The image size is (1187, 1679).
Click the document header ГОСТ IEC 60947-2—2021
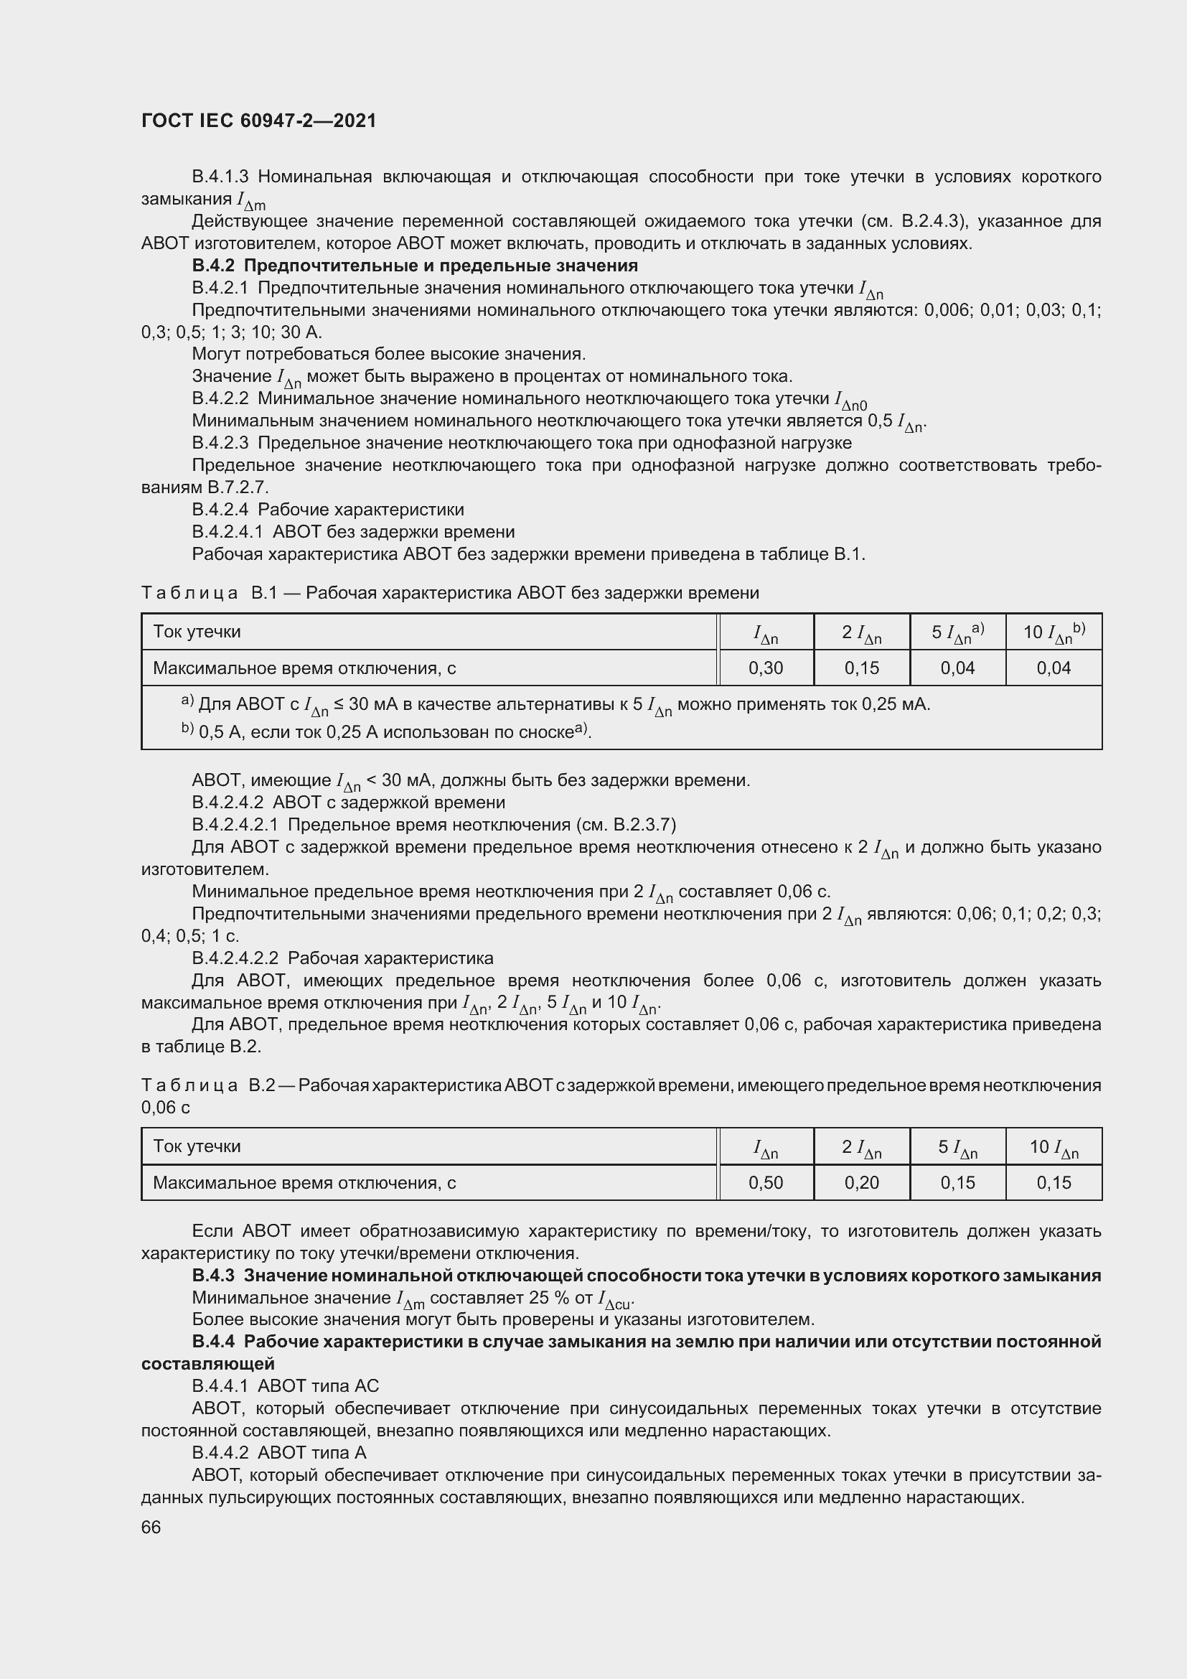point(259,121)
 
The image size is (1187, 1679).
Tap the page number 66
point(151,1527)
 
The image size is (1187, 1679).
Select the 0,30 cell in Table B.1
point(765,668)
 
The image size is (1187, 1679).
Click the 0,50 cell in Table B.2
point(765,1182)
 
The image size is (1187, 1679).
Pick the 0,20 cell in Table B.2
point(861,1182)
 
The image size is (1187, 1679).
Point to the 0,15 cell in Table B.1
point(861,668)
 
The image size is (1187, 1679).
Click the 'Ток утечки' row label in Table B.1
point(197,632)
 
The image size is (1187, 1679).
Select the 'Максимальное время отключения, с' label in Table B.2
point(304,1182)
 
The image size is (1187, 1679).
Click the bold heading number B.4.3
point(213,1276)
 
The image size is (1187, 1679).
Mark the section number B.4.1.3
point(221,177)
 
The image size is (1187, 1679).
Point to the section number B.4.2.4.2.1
point(235,825)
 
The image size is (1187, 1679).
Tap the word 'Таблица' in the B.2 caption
point(189,1085)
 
